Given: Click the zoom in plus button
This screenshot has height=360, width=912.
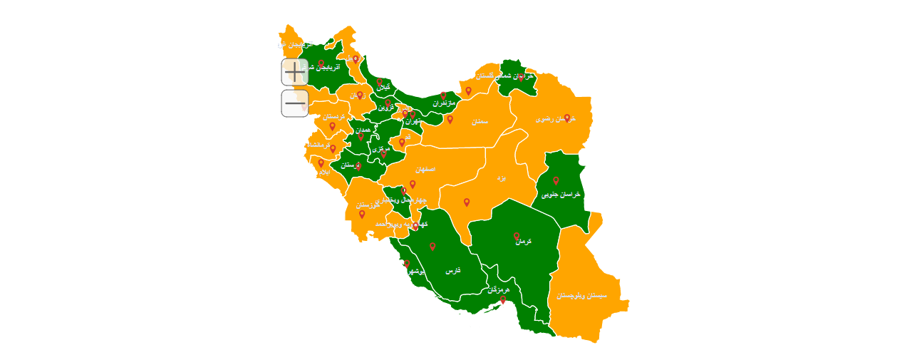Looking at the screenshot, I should (294, 72).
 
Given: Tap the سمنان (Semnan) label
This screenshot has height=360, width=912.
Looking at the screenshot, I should (480, 122).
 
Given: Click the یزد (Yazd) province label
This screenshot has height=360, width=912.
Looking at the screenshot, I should (501, 177).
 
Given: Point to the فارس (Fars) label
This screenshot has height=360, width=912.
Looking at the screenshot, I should (453, 271).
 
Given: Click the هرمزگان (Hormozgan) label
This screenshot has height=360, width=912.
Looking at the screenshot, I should (499, 290).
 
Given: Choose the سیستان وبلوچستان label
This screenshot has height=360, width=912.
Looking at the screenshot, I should (582, 295).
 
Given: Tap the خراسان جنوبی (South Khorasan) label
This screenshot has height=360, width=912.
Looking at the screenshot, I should (561, 194).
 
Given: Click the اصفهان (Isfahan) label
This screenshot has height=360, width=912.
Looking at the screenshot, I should (425, 170).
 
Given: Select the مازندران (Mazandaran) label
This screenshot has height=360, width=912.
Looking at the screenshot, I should (443, 103).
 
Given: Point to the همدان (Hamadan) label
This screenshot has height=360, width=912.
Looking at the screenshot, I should (363, 130).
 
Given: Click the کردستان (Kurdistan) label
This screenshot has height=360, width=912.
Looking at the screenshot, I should (333, 116).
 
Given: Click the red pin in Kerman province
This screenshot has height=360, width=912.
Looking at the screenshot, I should (517, 236).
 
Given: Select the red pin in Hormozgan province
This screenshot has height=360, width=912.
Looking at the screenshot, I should (502, 300).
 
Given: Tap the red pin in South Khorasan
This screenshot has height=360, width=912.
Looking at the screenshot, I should (556, 180).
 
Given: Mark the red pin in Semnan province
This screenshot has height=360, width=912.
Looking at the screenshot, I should (450, 119).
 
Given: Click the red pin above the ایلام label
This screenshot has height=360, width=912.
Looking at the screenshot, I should (321, 163).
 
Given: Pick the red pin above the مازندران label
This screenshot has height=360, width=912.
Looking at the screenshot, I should (442, 96).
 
